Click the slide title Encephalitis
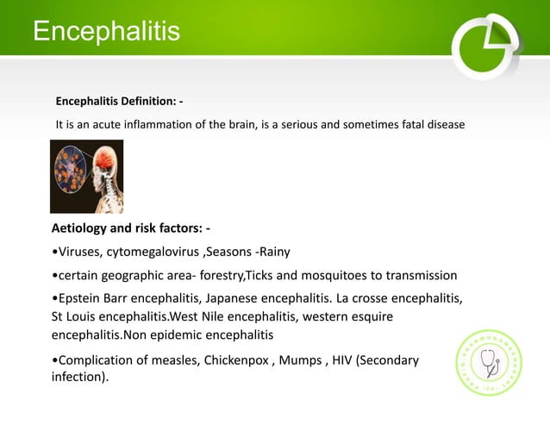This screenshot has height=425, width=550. pyautogui.click(x=106, y=32)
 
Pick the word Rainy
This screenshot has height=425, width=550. pyautogui.click(x=272, y=252)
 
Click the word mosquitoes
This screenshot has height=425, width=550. pyautogui.click(x=333, y=276)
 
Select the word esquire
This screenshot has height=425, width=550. pyautogui.click(x=372, y=317)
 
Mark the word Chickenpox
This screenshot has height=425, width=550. pyautogui.click(x=237, y=359)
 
